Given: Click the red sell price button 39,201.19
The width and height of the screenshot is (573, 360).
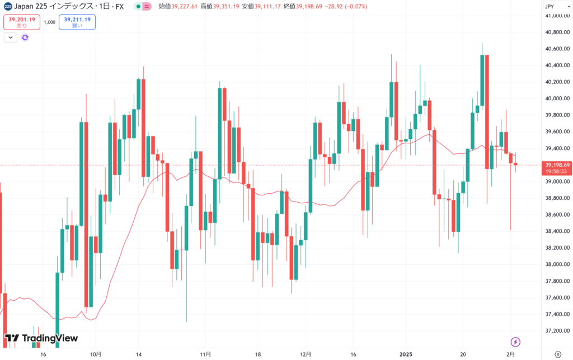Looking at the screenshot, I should [x=21, y=22].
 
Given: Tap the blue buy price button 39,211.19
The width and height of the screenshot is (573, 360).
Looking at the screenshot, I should [x=77, y=22].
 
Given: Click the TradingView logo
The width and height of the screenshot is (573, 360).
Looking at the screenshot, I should [x=41, y=338].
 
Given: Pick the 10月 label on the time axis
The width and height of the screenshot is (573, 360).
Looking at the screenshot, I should [x=96, y=354].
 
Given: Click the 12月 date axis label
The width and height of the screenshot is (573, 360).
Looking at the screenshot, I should [x=306, y=354].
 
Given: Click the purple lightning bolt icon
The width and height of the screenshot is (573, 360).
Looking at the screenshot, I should [x=516, y=342].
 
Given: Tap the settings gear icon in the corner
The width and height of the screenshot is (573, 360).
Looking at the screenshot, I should [x=557, y=354].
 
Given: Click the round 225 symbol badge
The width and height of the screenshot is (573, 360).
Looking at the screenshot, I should [x=7, y=6].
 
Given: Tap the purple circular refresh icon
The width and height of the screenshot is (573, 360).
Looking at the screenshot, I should [x=25, y=38].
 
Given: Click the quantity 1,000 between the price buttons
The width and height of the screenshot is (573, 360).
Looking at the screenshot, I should [x=49, y=22].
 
